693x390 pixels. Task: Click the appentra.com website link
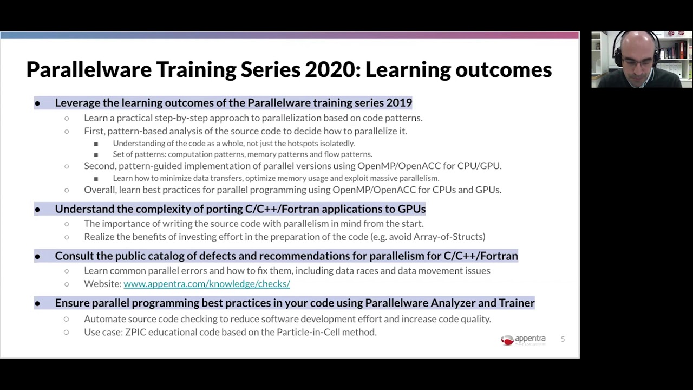(x=206, y=284)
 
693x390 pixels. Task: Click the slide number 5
(x=563, y=339)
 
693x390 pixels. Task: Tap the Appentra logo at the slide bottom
(x=523, y=340)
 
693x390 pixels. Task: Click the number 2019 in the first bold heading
(x=399, y=103)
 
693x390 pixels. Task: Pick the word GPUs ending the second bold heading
(x=411, y=209)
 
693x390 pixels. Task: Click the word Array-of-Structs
(x=449, y=237)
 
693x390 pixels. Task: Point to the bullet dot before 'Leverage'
(x=37, y=103)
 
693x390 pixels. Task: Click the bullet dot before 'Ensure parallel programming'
(x=37, y=303)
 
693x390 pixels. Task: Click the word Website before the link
(x=102, y=284)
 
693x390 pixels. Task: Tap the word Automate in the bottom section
(x=103, y=319)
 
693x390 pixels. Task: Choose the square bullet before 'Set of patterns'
(x=96, y=155)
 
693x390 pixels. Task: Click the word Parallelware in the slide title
(x=89, y=70)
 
